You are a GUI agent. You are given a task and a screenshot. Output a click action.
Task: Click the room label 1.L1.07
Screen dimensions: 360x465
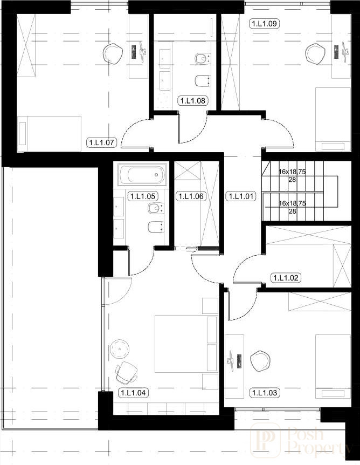[102, 142]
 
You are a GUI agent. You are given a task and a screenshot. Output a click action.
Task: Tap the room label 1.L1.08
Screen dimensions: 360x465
[192, 101]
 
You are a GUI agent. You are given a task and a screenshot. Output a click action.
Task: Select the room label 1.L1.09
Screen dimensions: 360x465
[265, 23]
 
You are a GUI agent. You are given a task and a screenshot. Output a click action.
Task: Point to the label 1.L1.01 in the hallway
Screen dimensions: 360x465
[241, 196]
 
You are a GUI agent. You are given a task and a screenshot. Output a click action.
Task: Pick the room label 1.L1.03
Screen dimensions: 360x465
[265, 393]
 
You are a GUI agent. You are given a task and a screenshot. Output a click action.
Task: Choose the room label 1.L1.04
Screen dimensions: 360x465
[133, 393]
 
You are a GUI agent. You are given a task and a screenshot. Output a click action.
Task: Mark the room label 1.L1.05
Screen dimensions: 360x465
[142, 196]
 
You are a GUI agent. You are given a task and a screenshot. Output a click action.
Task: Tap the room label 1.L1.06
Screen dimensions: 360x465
[191, 196]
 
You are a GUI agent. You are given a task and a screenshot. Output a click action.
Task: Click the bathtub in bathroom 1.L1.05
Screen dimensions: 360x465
[142, 175]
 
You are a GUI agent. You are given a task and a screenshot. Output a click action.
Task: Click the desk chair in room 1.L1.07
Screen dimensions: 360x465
[113, 53]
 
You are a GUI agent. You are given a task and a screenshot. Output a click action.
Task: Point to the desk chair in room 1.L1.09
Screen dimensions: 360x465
[315, 53]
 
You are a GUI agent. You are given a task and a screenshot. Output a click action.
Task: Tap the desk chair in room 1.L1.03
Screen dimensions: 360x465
[260, 361]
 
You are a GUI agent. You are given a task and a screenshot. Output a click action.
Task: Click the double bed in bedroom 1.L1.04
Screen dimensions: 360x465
[186, 344]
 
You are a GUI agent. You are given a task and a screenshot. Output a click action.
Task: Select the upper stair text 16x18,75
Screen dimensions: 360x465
[292, 172]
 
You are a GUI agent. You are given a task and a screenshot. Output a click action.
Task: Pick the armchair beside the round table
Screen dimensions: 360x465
[127, 372]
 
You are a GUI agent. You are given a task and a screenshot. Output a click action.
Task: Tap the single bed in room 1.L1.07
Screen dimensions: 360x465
[49, 134]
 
